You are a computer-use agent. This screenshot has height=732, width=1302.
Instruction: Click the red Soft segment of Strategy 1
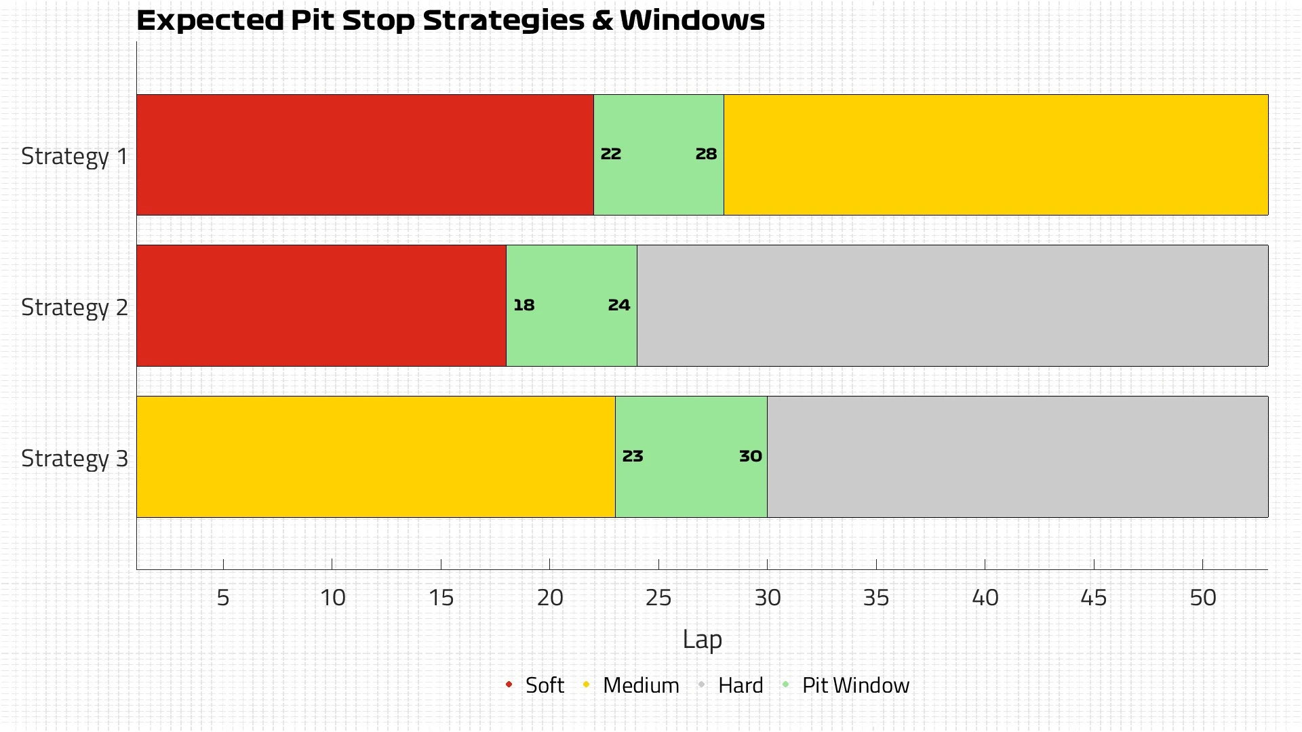click(365, 155)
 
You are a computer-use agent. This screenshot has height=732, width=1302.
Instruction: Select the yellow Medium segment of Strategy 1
click(995, 155)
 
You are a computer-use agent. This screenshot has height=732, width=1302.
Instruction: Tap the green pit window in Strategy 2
click(571, 306)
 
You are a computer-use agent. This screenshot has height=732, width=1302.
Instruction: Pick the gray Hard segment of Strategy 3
click(1017, 457)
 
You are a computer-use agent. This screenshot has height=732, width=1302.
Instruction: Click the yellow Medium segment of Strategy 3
click(376, 457)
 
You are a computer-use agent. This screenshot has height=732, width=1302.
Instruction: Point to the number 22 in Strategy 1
click(611, 155)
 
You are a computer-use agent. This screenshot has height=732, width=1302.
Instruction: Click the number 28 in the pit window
click(706, 155)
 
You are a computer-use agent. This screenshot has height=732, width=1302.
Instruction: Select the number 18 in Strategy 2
click(524, 306)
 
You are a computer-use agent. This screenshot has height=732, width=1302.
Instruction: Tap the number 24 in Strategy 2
click(619, 306)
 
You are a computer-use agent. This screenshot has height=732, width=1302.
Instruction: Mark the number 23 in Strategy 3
click(633, 457)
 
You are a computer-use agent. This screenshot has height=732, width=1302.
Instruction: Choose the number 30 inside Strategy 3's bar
click(751, 457)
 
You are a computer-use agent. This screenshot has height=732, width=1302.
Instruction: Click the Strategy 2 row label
click(75, 308)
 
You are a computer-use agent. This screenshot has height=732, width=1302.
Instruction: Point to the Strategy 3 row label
click(75, 459)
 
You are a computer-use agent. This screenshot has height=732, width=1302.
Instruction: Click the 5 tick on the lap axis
click(223, 598)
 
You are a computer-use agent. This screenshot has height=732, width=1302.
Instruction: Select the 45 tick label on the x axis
click(1094, 598)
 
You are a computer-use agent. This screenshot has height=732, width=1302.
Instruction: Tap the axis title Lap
click(702, 640)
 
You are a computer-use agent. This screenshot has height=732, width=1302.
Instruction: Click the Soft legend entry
click(544, 685)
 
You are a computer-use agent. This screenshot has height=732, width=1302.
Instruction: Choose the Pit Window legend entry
click(855, 685)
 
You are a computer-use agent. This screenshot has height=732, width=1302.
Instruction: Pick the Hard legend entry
click(740, 685)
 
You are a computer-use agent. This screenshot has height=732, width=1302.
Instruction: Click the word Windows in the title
click(692, 20)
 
